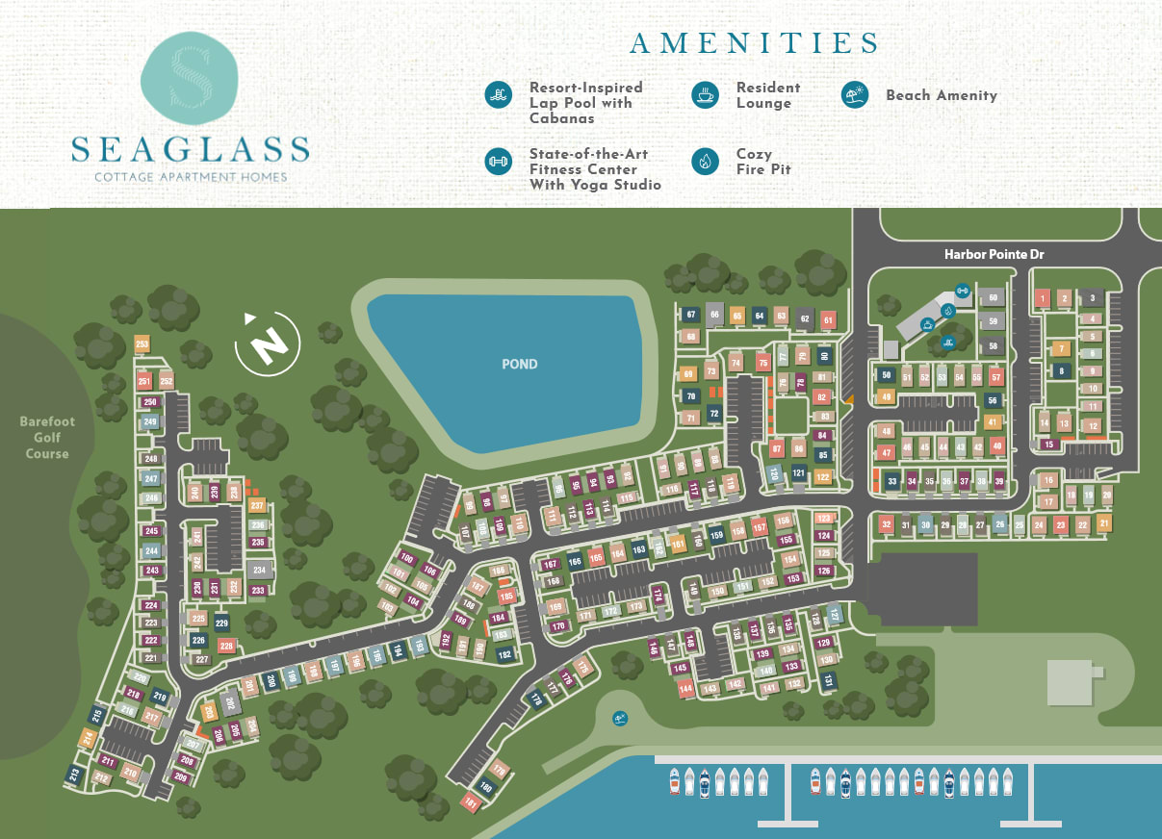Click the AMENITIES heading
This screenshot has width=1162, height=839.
pos(754,43)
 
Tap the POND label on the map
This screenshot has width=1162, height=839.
pos(519,364)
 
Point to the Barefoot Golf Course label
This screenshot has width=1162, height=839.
pos(47,438)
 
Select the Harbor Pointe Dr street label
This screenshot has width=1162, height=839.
pos(994,254)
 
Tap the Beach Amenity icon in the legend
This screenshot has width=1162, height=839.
pos(854,94)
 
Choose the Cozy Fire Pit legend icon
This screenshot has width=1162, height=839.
pos(705,161)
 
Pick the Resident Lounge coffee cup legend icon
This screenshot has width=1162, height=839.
pos(705,94)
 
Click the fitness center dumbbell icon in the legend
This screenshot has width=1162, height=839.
pos(498,161)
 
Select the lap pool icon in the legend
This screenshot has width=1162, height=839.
pos(498,94)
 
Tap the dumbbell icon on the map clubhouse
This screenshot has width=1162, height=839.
pos(961,290)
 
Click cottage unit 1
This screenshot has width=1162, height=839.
pos(1042,299)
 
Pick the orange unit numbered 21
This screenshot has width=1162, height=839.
pos(1104,522)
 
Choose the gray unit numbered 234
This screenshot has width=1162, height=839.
pos(258,570)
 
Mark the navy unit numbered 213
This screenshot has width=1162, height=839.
pos(74,775)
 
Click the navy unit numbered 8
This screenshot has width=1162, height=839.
pos(1061,370)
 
